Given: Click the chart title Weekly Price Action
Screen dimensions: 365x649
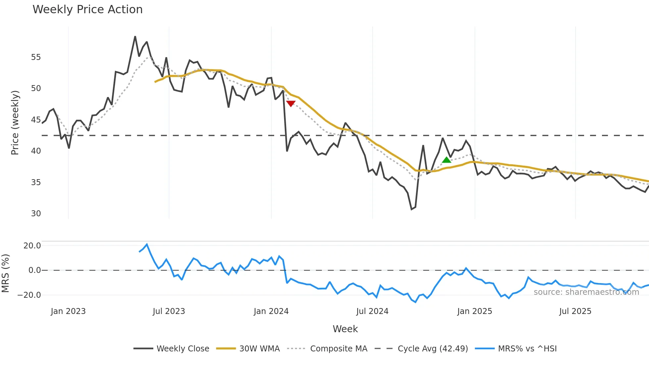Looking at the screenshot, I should coord(87,10).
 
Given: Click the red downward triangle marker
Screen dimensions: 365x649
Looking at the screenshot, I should coord(290,104).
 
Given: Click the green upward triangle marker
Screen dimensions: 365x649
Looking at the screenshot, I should coord(446,160).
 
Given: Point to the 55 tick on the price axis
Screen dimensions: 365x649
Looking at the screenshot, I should coord(36,57).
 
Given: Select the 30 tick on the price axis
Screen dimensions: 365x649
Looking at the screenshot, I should coord(36,214).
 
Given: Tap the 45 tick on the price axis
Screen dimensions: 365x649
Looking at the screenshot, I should coord(36,120).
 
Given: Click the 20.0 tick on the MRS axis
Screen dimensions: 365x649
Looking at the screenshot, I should coord(32,246).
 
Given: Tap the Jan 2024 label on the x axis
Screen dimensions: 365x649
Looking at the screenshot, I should coord(271,311).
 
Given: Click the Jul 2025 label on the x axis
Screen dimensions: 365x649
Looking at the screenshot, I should coord(575,311).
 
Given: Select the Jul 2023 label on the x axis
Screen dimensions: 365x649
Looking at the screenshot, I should coord(169,311).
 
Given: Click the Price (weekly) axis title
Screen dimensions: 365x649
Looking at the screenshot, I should coord(15,123).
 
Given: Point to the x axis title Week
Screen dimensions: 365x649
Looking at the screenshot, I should coord(345,329).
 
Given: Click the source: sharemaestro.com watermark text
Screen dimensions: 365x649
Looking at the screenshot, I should coord(586,292).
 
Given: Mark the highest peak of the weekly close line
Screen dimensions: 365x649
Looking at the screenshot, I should coord(135,36).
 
